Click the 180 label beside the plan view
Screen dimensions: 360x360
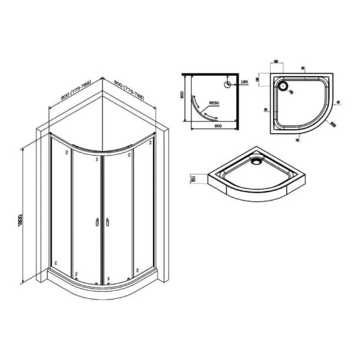coord(244,83)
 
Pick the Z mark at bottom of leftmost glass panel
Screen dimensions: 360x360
coord(55,263)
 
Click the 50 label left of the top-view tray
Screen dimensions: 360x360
coord(265,110)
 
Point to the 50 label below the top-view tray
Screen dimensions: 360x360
coord(299,140)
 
